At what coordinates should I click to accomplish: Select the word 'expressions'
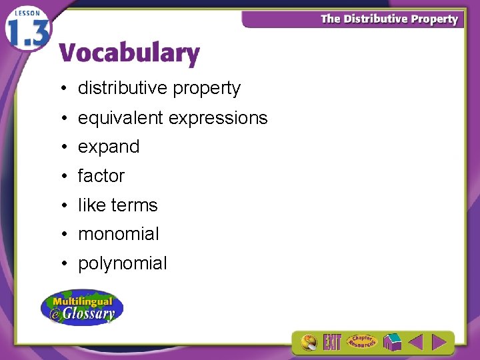pyautogui.click(x=218, y=118)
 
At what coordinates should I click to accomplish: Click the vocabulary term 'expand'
pyautogui.click(x=109, y=147)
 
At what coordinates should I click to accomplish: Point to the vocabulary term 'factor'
pyautogui.click(x=101, y=176)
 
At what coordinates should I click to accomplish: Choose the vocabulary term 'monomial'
pyautogui.click(x=119, y=234)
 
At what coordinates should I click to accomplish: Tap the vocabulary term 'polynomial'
pyautogui.click(x=123, y=263)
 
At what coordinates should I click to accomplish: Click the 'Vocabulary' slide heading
pyautogui.click(x=129, y=53)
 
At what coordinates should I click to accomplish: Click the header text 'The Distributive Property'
pyautogui.click(x=389, y=19)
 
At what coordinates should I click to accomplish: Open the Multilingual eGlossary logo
pyautogui.click(x=82, y=307)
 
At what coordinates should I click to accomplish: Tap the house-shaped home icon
pyautogui.click(x=391, y=343)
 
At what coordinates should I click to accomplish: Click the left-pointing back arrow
pyautogui.click(x=415, y=343)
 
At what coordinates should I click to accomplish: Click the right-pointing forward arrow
pyautogui.click(x=439, y=343)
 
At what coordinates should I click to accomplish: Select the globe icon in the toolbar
pyautogui.click(x=309, y=343)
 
